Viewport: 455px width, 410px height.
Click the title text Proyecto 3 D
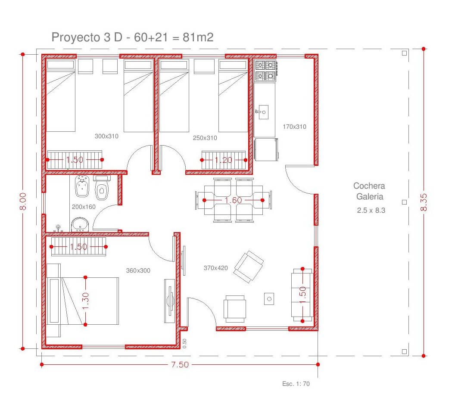[87, 37]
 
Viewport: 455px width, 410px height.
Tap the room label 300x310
[106, 136]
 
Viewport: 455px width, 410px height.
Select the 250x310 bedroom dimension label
[205, 138]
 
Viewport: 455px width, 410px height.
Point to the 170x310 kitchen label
[294, 127]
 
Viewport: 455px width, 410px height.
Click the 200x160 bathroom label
[84, 207]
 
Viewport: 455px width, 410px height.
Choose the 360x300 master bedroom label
[138, 270]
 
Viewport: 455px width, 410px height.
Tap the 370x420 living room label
[215, 268]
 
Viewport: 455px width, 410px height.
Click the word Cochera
[369, 186]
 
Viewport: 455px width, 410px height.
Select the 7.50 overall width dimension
[180, 364]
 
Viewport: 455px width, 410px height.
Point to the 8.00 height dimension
[23, 201]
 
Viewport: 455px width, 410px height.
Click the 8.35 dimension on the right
[424, 202]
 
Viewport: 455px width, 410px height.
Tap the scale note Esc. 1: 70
[296, 384]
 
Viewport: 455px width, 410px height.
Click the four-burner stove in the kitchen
[265, 71]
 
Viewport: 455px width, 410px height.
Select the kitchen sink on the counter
[262, 112]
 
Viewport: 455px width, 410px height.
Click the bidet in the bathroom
[82, 186]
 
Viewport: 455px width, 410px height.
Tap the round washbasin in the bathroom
[80, 225]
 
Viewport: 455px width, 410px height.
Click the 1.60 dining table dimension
[233, 200]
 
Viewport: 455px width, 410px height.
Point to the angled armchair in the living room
[249, 267]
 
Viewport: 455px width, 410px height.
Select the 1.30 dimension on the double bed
[85, 301]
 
